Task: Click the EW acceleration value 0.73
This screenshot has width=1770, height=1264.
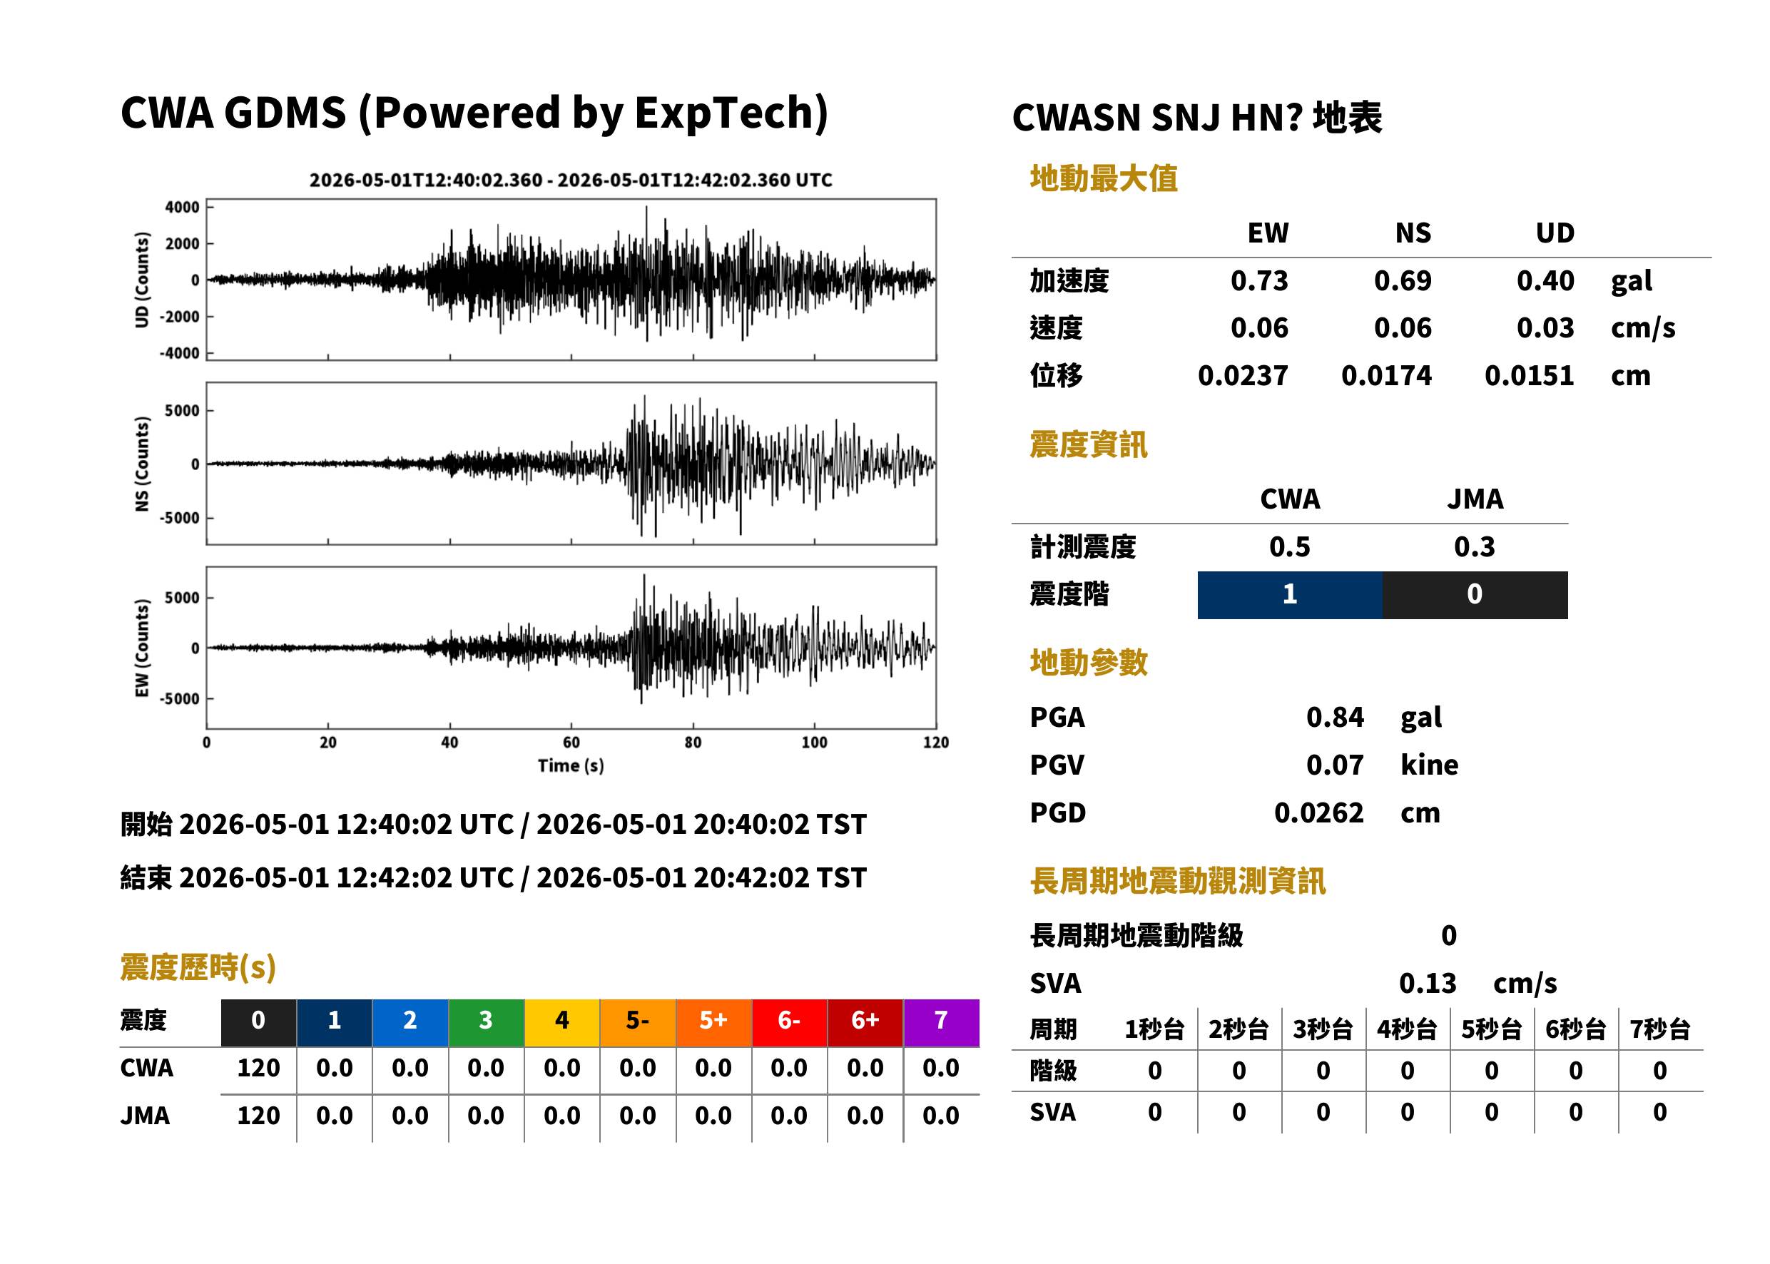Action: tap(1258, 281)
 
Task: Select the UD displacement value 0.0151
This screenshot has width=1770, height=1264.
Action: tap(1529, 376)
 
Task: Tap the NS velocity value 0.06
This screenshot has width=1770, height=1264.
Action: tap(1402, 328)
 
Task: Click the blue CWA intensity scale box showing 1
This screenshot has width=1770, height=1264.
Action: tap(1289, 595)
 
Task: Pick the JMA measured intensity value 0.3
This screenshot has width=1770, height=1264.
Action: tap(1474, 547)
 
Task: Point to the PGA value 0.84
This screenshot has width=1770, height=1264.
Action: tap(1334, 718)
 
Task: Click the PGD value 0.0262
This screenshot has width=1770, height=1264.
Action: tap(1318, 813)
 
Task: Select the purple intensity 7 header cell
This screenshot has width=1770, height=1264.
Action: tap(941, 1022)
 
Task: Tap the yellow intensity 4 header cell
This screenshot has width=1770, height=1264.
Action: tap(562, 1022)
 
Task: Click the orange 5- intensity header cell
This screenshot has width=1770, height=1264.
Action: tap(638, 1022)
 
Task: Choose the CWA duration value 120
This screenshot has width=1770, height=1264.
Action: tap(258, 1068)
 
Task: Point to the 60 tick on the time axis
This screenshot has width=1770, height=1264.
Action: tap(571, 743)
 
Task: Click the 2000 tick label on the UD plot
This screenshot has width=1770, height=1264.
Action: tap(182, 244)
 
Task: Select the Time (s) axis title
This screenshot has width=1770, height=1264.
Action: tap(571, 766)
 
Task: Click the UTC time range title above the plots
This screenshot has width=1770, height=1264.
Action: tap(571, 180)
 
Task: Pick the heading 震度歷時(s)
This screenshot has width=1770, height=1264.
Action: tap(198, 967)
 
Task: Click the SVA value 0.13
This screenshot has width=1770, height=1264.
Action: tap(1427, 984)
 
